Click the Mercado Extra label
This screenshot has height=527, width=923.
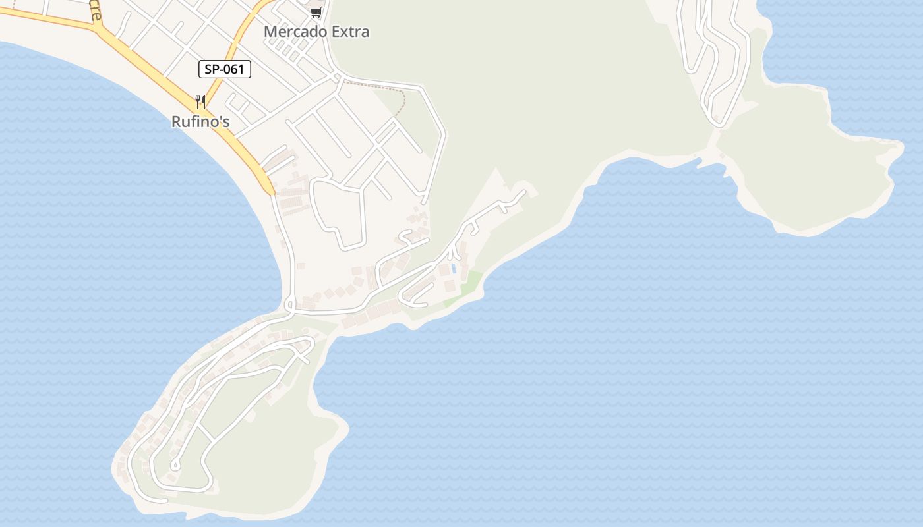click(x=316, y=32)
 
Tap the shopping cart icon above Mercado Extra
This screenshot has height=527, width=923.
click(x=316, y=12)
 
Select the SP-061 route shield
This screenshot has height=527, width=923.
click(x=225, y=69)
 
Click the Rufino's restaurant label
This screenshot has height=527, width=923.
click(x=200, y=122)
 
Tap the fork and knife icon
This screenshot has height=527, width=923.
click(x=200, y=102)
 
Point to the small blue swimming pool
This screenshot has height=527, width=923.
click(x=454, y=269)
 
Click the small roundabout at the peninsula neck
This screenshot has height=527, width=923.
click(x=289, y=305)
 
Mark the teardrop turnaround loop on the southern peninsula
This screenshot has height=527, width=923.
click(x=173, y=466)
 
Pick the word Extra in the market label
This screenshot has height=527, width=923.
click(x=351, y=32)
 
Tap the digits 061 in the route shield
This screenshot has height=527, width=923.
click(x=233, y=69)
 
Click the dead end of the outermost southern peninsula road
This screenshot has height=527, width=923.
click(x=165, y=501)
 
